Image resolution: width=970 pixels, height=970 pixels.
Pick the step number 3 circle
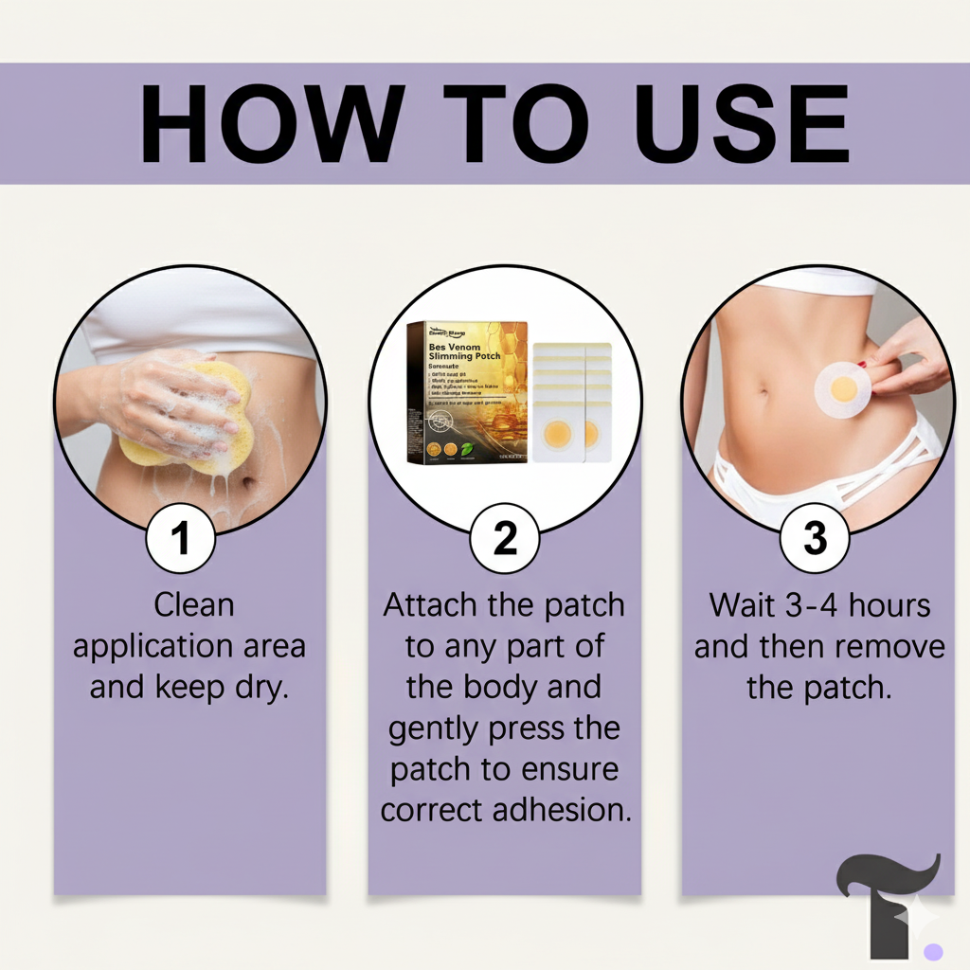tap(814, 538)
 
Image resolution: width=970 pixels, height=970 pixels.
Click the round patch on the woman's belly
tap(844, 388)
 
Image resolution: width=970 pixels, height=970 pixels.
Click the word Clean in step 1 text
tap(193, 604)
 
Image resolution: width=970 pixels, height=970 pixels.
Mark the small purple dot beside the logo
tap(934, 951)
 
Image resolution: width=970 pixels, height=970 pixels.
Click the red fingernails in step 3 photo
tap(862, 363)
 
